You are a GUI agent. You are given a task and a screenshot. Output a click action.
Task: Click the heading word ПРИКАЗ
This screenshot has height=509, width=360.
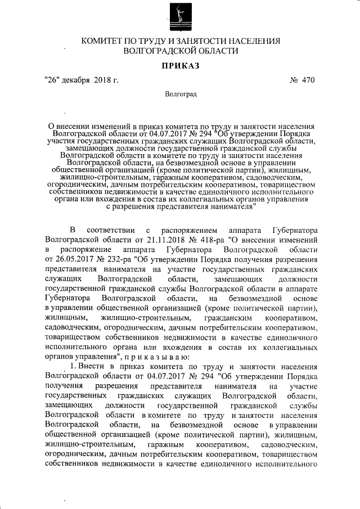pos(181,66)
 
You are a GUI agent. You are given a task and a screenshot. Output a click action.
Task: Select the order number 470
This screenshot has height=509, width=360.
pos(307,80)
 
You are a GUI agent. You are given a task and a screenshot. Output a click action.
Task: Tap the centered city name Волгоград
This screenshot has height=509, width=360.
pos(181,94)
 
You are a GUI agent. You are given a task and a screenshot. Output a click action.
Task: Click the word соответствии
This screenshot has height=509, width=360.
pos(111,230)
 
